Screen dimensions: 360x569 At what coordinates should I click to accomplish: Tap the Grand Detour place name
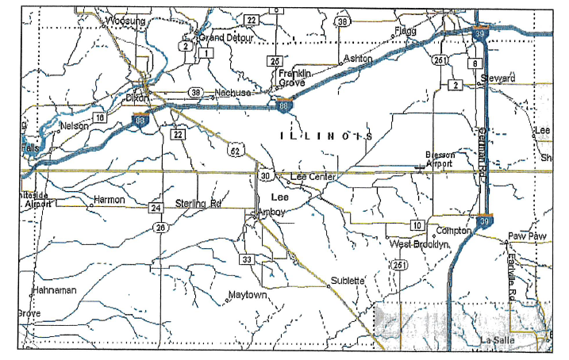point(226,37)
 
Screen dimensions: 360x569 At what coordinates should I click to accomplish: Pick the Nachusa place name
point(233,93)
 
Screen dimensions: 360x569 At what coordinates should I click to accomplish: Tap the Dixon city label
point(137,98)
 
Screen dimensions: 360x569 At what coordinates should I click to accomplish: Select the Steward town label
point(498,79)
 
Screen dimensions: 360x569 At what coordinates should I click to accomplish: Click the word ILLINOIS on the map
point(327,136)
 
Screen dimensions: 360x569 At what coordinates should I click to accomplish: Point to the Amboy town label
point(271,212)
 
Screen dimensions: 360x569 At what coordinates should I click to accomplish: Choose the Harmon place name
point(110,200)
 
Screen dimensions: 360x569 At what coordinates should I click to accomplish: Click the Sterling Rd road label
point(197,203)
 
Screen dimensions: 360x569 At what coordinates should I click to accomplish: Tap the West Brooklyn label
point(420,244)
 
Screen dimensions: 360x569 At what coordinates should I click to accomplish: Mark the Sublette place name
point(348,280)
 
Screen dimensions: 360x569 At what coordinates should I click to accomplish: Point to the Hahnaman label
point(55,290)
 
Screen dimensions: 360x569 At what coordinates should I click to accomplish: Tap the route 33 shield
point(247,259)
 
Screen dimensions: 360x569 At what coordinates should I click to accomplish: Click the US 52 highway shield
point(238,147)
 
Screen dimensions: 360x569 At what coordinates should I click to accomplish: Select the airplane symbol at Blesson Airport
point(420,166)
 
